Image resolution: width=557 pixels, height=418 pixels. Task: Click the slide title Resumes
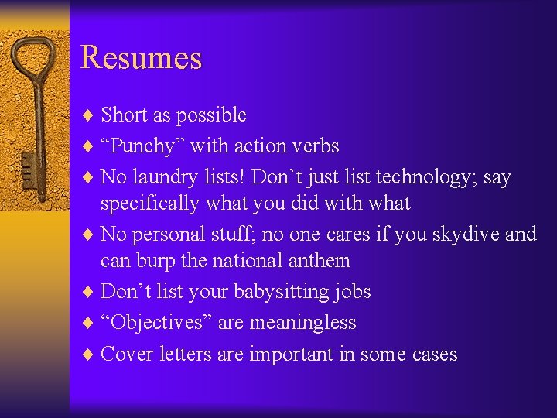pyautogui.click(x=141, y=58)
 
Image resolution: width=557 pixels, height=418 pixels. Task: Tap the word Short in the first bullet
pyautogui.click(x=125, y=115)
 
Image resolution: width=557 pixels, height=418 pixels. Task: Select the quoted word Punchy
pyautogui.click(x=142, y=146)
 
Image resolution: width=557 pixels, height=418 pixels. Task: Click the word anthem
pyautogui.click(x=320, y=261)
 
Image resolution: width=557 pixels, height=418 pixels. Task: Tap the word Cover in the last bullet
pyautogui.click(x=127, y=354)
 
